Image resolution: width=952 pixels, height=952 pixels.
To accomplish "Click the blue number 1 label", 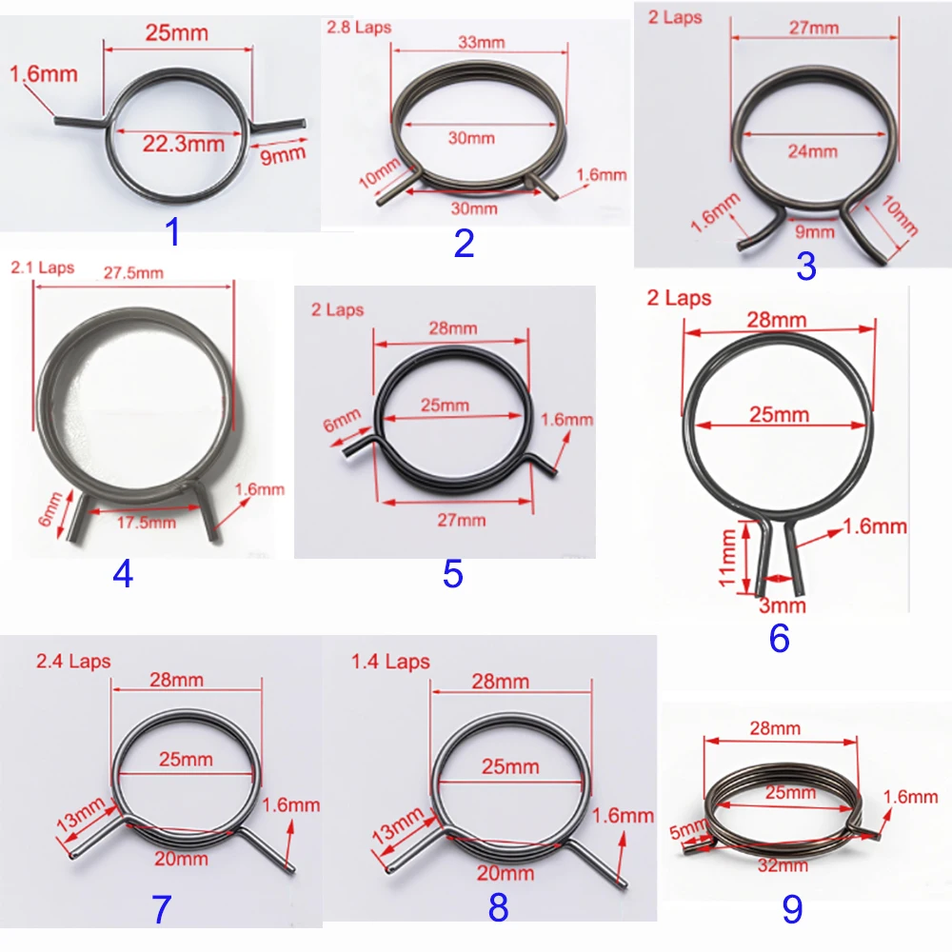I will (x=171, y=230).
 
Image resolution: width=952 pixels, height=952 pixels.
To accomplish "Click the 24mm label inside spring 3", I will (x=813, y=150).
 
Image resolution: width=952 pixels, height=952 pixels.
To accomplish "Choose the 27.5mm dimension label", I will (x=133, y=272).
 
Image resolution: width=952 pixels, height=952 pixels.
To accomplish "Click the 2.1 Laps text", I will (x=42, y=268).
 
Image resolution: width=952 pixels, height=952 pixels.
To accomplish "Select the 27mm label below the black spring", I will (x=460, y=520).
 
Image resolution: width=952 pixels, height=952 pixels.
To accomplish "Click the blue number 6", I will (x=780, y=639).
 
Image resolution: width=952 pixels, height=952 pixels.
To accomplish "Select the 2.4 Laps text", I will (x=73, y=661).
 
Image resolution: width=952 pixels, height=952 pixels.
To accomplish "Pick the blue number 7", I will (x=161, y=910).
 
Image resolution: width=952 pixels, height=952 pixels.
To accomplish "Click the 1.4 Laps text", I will (x=390, y=662).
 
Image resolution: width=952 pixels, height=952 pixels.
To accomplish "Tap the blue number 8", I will (x=498, y=908).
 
